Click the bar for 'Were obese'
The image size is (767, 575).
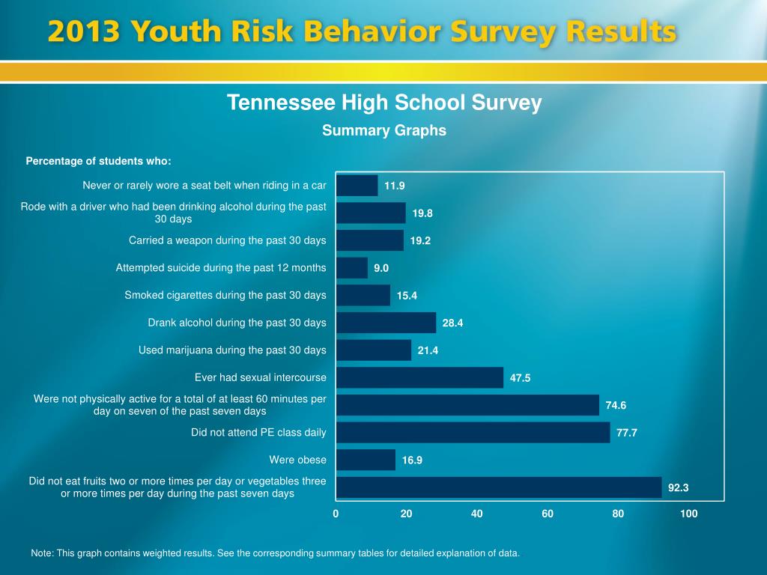tap(366, 460)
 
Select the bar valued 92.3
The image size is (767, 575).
tap(499, 487)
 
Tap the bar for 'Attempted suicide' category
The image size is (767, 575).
tap(352, 268)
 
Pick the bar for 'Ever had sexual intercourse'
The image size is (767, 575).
tap(419, 377)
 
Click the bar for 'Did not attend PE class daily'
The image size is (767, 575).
tap(473, 432)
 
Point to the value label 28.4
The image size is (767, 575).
tap(452, 323)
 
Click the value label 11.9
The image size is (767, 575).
tap(394, 186)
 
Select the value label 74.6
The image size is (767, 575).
tap(616, 405)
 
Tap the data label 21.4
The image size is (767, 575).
tap(428, 350)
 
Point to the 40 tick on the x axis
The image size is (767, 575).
tap(477, 514)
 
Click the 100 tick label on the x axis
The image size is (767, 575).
tap(688, 514)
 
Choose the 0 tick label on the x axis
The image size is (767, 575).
tap(336, 514)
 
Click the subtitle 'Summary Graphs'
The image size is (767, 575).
tap(384, 130)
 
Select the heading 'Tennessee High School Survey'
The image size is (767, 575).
tap(384, 103)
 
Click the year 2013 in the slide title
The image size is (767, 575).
tap(83, 32)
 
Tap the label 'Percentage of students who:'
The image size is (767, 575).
tap(99, 161)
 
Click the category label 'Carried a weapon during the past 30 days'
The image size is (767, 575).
tap(228, 240)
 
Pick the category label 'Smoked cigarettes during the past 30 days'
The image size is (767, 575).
tap(225, 295)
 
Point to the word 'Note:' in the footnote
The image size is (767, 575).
tap(42, 553)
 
